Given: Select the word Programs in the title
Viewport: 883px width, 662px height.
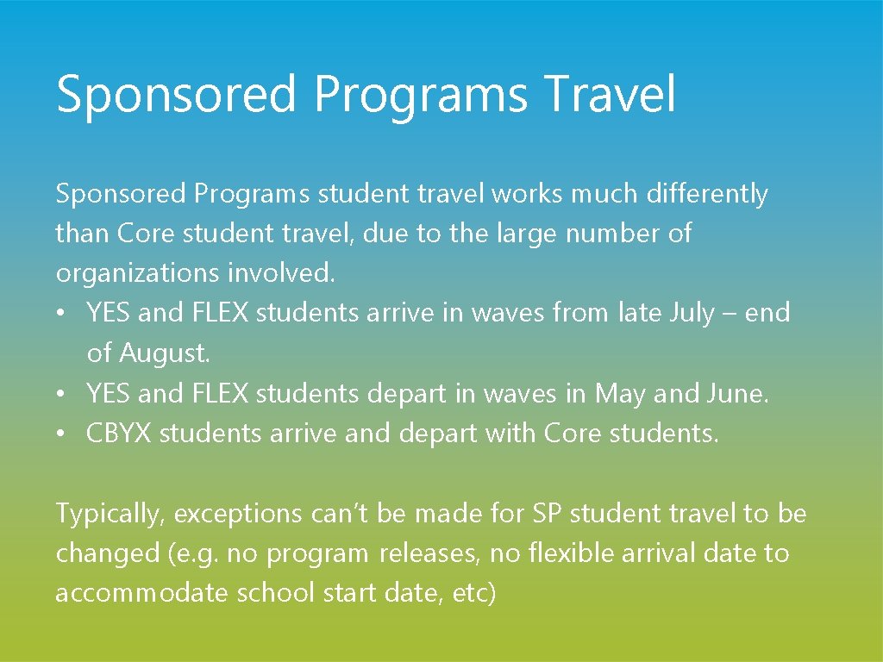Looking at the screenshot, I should tap(421, 94).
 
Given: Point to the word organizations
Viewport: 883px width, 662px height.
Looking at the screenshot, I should tap(138, 274).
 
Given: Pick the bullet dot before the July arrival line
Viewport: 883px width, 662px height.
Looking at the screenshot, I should tap(64, 314).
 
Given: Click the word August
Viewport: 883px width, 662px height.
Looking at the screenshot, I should tap(164, 353).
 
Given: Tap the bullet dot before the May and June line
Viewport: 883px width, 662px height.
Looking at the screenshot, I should tap(64, 394).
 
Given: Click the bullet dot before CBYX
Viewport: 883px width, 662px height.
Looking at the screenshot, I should tap(64, 434).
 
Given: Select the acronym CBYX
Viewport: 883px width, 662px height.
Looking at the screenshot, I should tap(120, 433).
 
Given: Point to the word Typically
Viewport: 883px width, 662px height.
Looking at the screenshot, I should tap(110, 514).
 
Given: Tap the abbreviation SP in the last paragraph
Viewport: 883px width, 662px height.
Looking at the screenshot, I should tap(546, 513).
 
